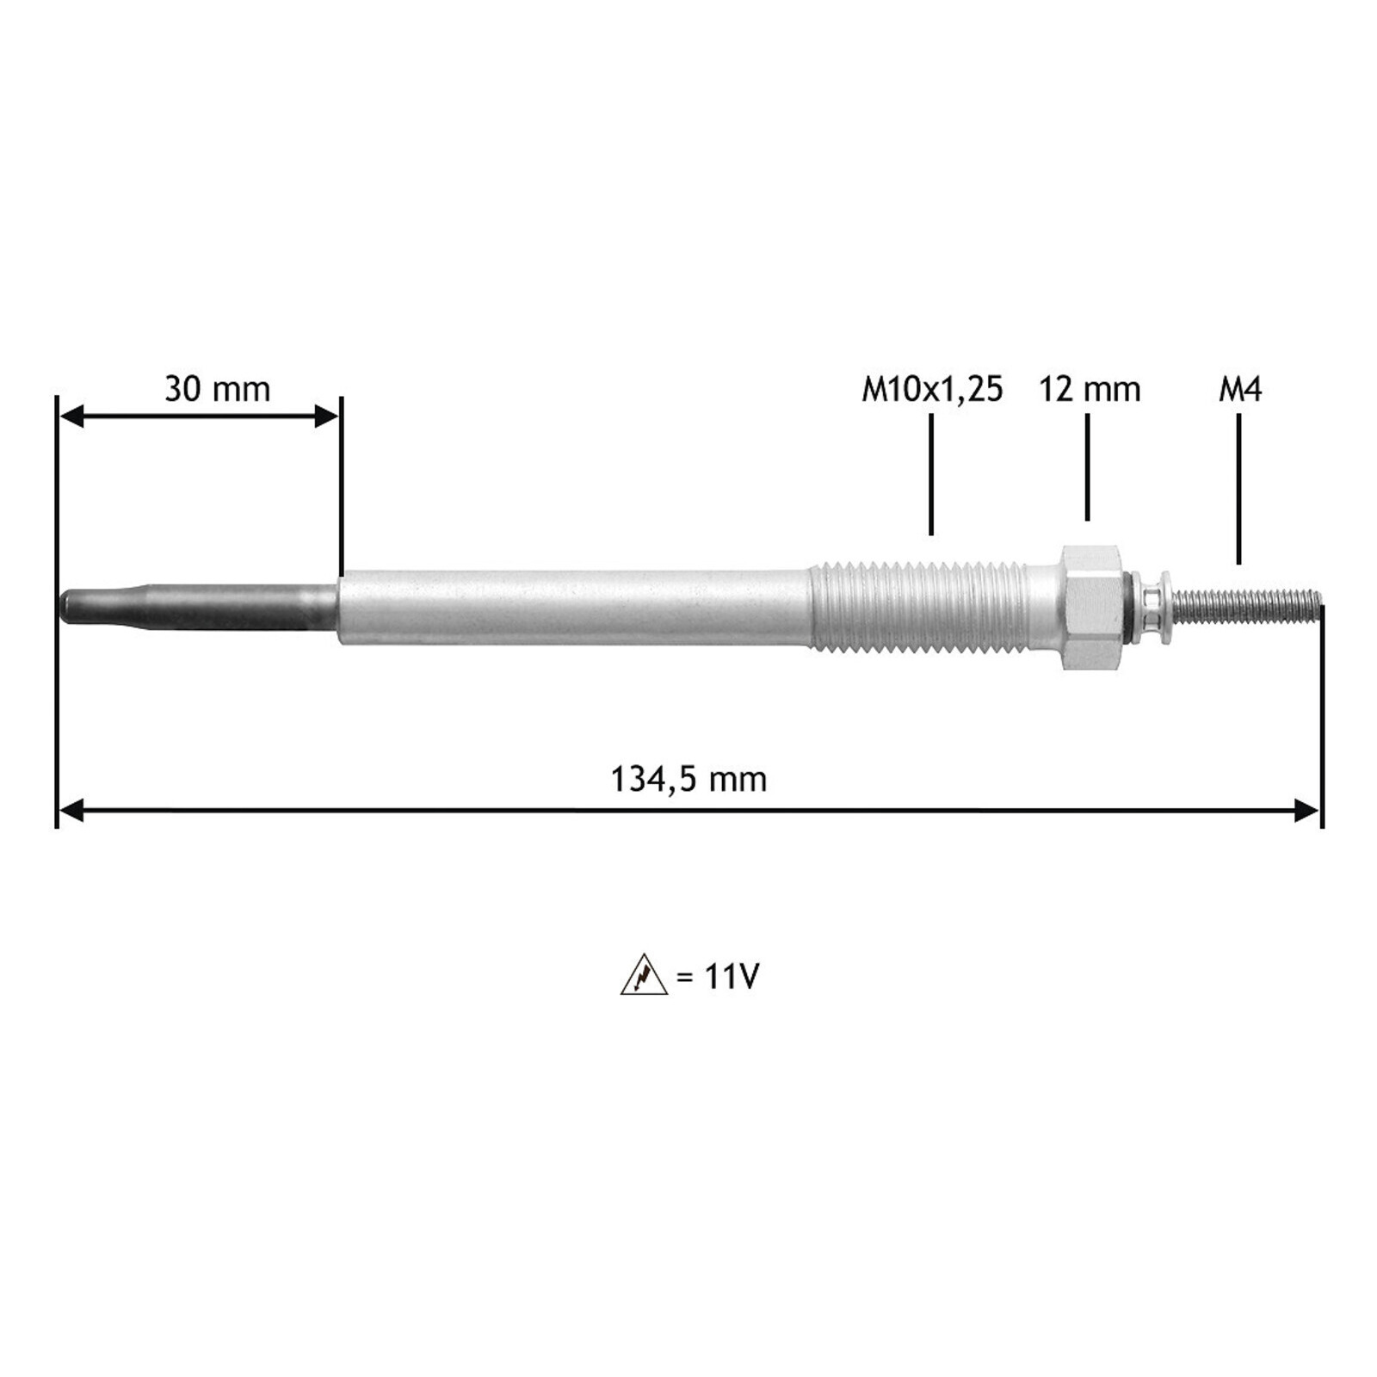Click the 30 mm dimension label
tap(217, 389)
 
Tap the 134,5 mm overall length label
tap(688, 780)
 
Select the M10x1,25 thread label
tap(932, 390)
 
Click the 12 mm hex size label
tap(1089, 390)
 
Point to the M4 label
tap(1239, 390)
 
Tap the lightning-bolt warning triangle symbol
tap(644, 976)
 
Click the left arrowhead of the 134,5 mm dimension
tap(71, 810)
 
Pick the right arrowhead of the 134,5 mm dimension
tap(1306, 810)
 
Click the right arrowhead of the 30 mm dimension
tap(328, 417)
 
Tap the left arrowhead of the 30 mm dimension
tap(71, 417)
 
